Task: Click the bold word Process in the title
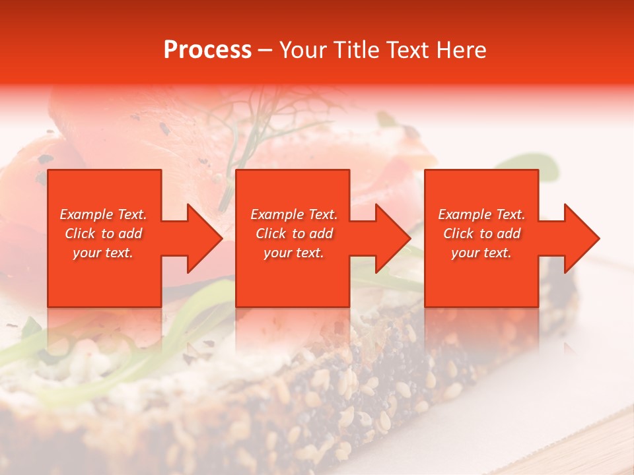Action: pyautogui.click(x=207, y=50)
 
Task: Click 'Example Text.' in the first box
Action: pyautogui.click(x=103, y=214)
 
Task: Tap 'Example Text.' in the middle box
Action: pyautogui.click(x=294, y=214)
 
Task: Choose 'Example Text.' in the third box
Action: pyautogui.click(x=481, y=214)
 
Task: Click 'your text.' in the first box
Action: pyautogui.click(x=103, y=253)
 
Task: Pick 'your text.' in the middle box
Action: pyautogui.click(x=294, y=253)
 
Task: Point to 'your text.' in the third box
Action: pyautogui.click(x=481, y=253)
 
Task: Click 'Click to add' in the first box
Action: pyautogui.click(x=103, y=234)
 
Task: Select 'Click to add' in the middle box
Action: pyautogui.click(x=294, y=234)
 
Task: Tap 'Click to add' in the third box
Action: pyautogui.click(x=481, y=234)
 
